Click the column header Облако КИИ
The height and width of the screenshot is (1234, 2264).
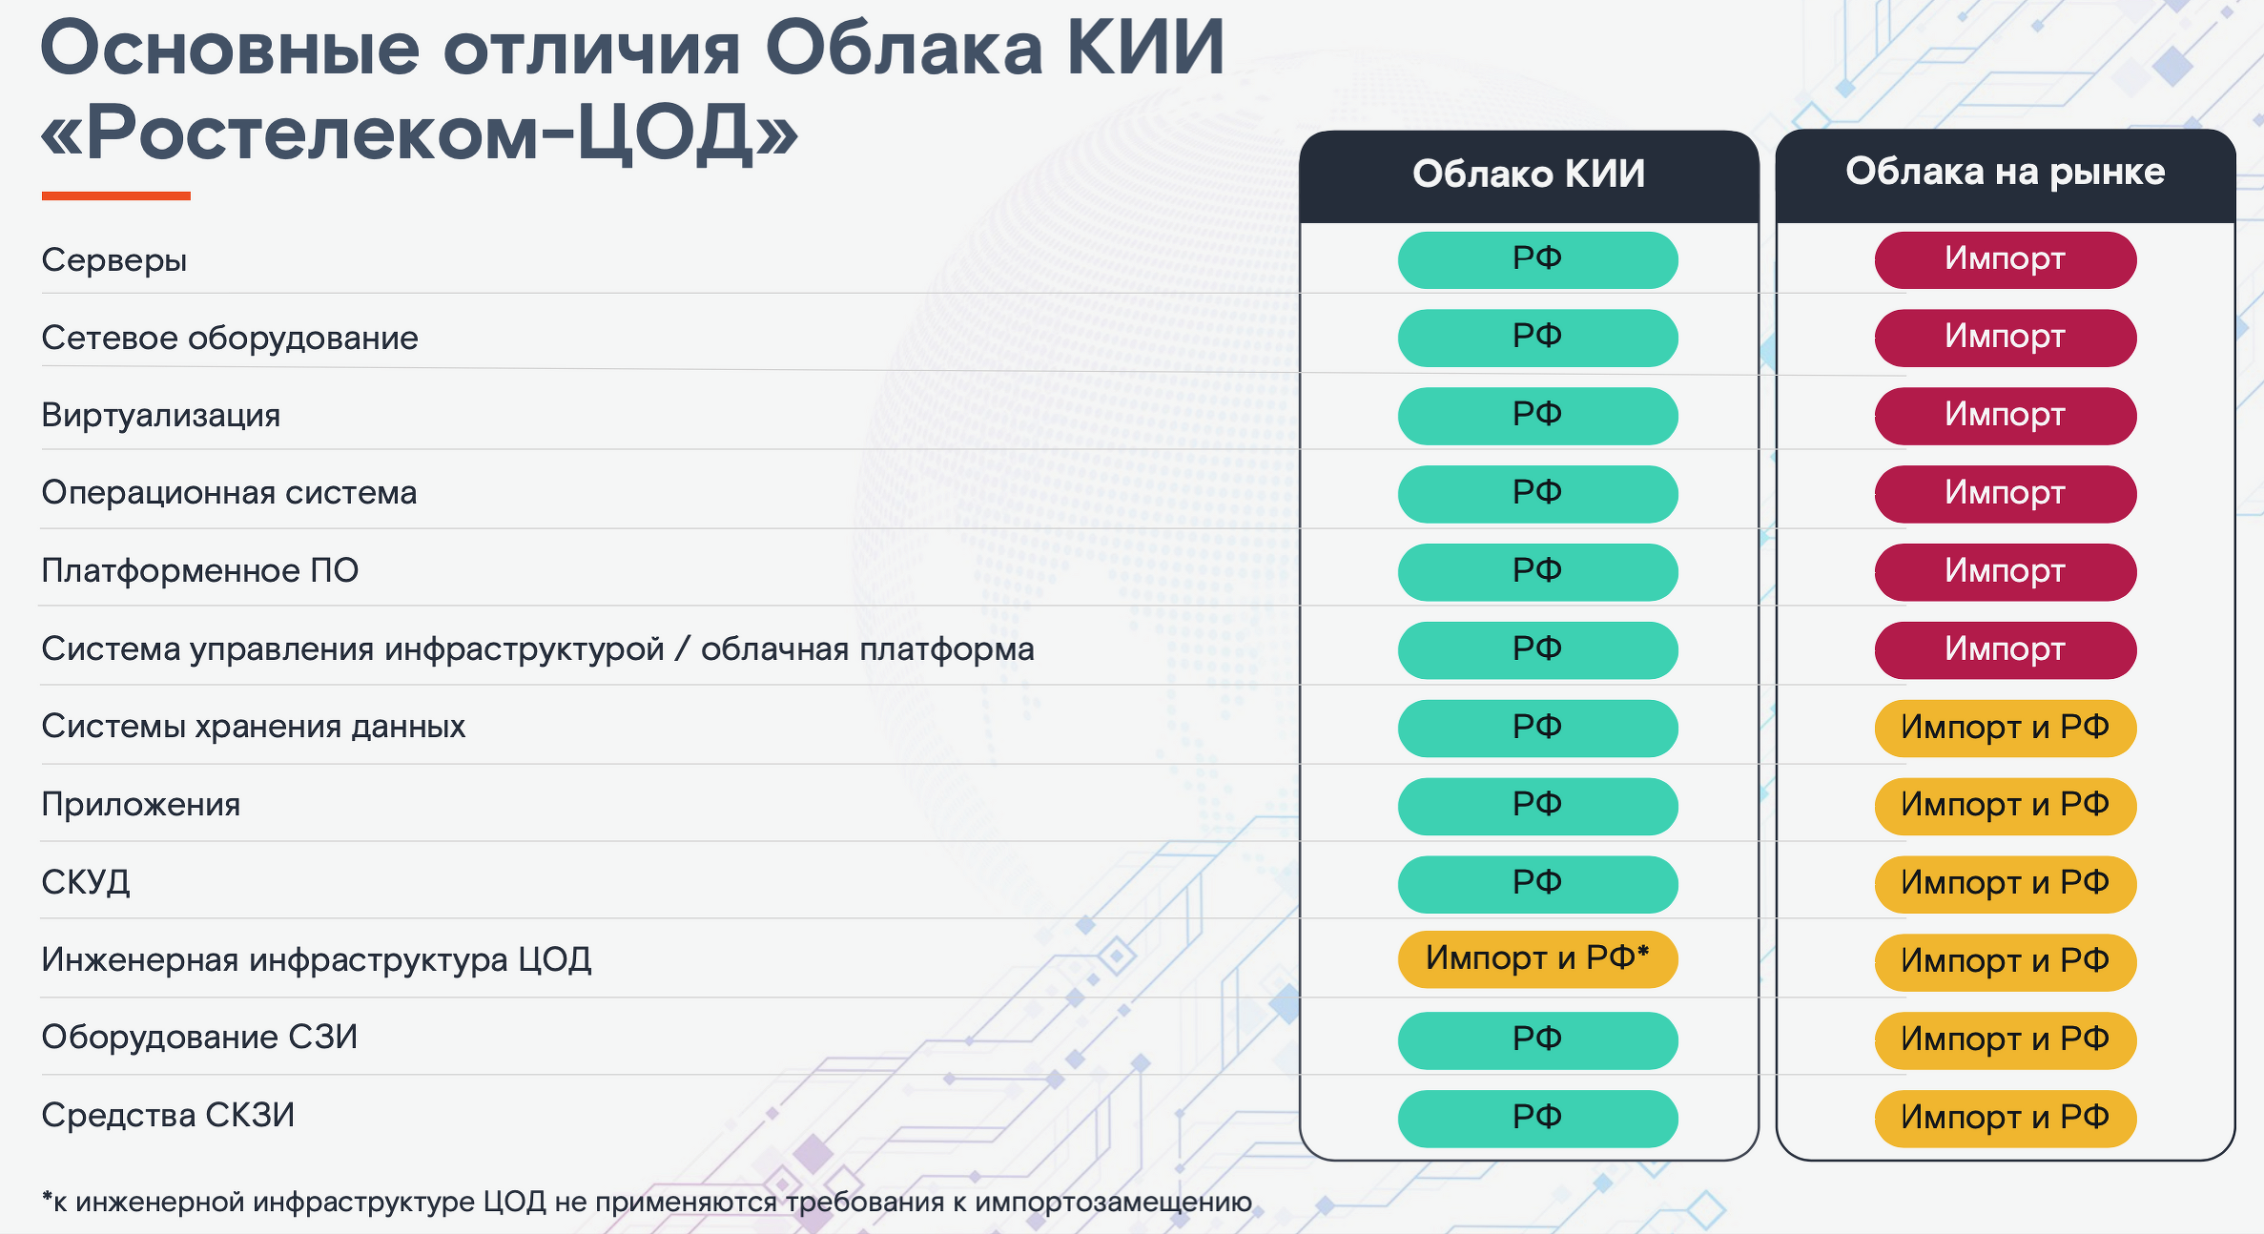(1529, 175)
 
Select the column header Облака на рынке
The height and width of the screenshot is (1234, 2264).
(2005, 173)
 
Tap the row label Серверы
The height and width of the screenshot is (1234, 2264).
(114, 260)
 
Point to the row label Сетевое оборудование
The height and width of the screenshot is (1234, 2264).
(230, 339)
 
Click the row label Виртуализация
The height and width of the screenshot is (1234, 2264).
(161, 416)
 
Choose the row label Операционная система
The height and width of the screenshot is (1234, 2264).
(230, 493)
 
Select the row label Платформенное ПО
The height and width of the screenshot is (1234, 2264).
(200, 570)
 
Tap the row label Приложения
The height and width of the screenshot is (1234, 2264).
(141, 805)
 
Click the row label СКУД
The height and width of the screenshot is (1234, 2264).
(86, 882)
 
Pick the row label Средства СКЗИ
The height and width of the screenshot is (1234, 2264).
(168, 1115)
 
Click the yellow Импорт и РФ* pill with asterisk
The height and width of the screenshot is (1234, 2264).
(1537, 958)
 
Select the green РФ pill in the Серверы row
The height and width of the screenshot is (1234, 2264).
(1537, 259)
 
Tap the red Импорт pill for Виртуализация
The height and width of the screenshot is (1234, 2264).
(2005, 416)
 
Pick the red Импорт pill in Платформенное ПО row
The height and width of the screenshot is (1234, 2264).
(2005, 572)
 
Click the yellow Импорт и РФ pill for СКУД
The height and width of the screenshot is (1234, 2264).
(2005, 884)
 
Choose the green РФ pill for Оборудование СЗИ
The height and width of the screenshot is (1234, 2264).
(1537, 1040)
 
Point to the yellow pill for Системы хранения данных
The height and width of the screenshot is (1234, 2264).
(2005, 728)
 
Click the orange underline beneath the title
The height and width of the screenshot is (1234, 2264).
(116, 196)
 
